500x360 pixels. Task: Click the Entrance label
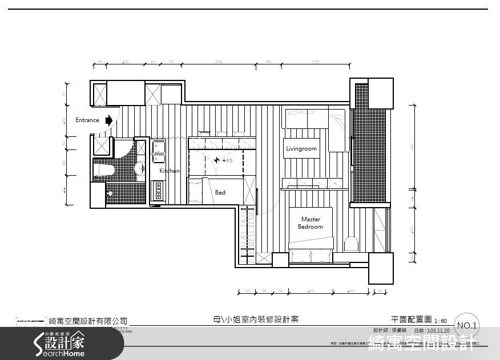click(87, 120)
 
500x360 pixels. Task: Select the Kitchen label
click(169, 171)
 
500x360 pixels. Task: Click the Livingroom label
click(301, 149)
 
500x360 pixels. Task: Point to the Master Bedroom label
click(311, 223)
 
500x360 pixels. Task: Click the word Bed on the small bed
click(220, 193)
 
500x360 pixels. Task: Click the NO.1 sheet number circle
click(467, 325)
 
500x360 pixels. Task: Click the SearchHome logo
click(60, 344)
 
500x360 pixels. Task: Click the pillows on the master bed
click(311, 255)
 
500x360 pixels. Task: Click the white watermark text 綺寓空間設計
click(422, 344)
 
